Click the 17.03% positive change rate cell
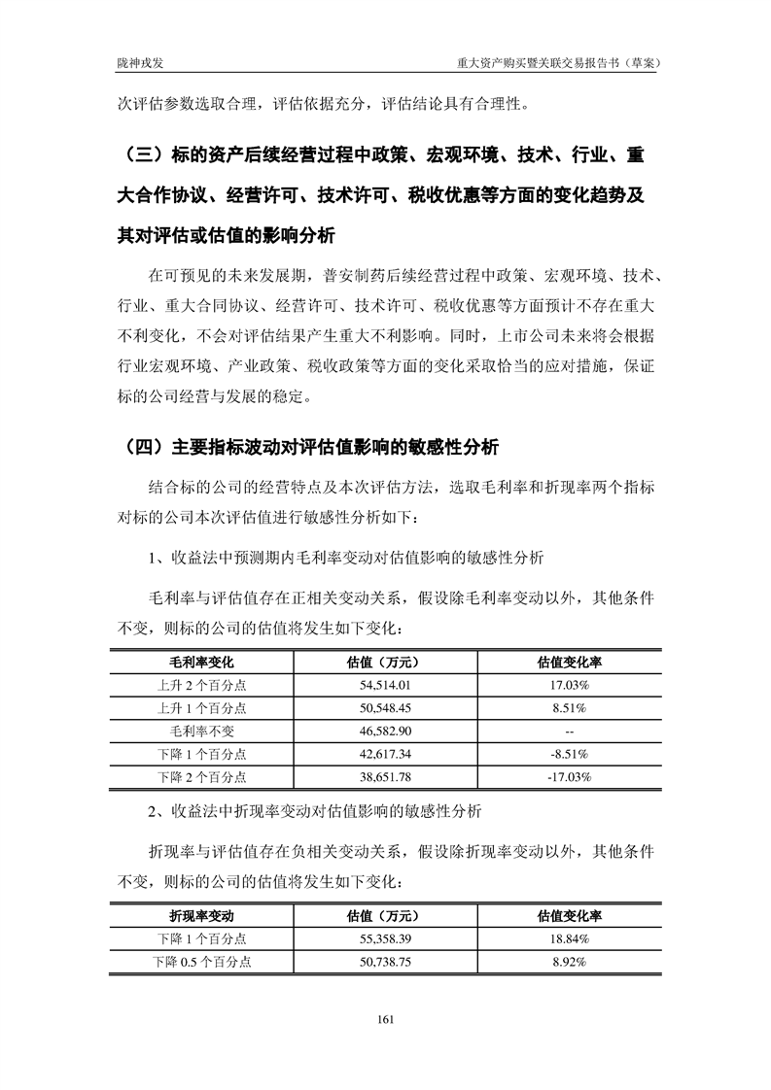pyautogui.click(x=570, y=685)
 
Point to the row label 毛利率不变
pyautogui.click(x=201, y=731)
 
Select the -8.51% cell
pyautogui.click(x=570, y=754)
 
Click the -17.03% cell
pyautogui.click(x=570, y=777)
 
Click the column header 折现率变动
pyautogui.click(x=201, y=915)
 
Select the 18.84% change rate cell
pyautogui.click(x=570, y=938)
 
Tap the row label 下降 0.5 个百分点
pyautogui.click(x=201, y=962)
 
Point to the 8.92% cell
pyautogui.click(x=570, y=962)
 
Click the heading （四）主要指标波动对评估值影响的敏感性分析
pyautogui.click(x=311, y=448)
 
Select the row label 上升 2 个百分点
pyautogui.click(x=201, y=685)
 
